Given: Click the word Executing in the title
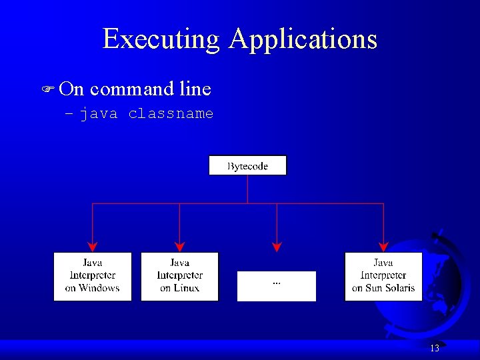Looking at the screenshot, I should click(161, 39).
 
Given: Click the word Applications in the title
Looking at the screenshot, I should click(303, 39).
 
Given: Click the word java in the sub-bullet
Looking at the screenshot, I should click(99, 114).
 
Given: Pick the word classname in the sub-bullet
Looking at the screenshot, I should click(171, 114).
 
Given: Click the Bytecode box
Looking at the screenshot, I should click(247, 166).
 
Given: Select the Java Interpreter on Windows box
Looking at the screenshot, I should click(92, 276).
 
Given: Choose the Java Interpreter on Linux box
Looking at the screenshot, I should click(179, 276).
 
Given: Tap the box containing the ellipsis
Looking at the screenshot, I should click(276, 286).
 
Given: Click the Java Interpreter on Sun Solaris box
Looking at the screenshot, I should click(383, 276).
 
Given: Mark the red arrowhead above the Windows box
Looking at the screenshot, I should click(92, 246).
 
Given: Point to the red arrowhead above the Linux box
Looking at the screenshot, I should click(179, 246).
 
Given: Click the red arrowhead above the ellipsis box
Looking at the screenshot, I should click(277, 246).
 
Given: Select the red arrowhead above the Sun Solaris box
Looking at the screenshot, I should click(383, 246).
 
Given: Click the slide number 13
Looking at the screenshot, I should click(434, 348).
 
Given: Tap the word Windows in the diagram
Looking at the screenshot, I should click(99, 288).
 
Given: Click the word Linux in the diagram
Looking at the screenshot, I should click(187, 288).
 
